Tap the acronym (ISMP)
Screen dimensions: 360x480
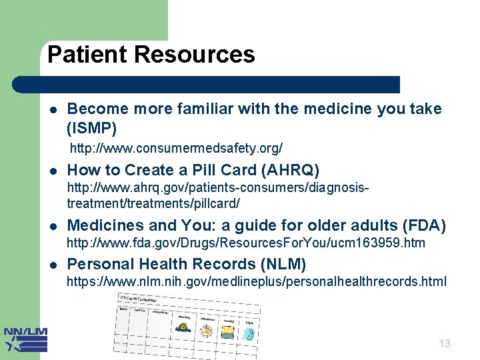92,127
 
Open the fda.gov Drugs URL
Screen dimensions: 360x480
245,243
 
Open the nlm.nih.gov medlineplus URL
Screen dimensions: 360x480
256,282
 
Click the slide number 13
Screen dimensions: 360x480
445,344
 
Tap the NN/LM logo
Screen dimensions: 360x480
25,339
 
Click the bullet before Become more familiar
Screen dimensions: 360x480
52,109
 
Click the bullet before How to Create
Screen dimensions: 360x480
52,171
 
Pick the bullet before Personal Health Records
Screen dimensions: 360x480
52,265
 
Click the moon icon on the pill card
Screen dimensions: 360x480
248,333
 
